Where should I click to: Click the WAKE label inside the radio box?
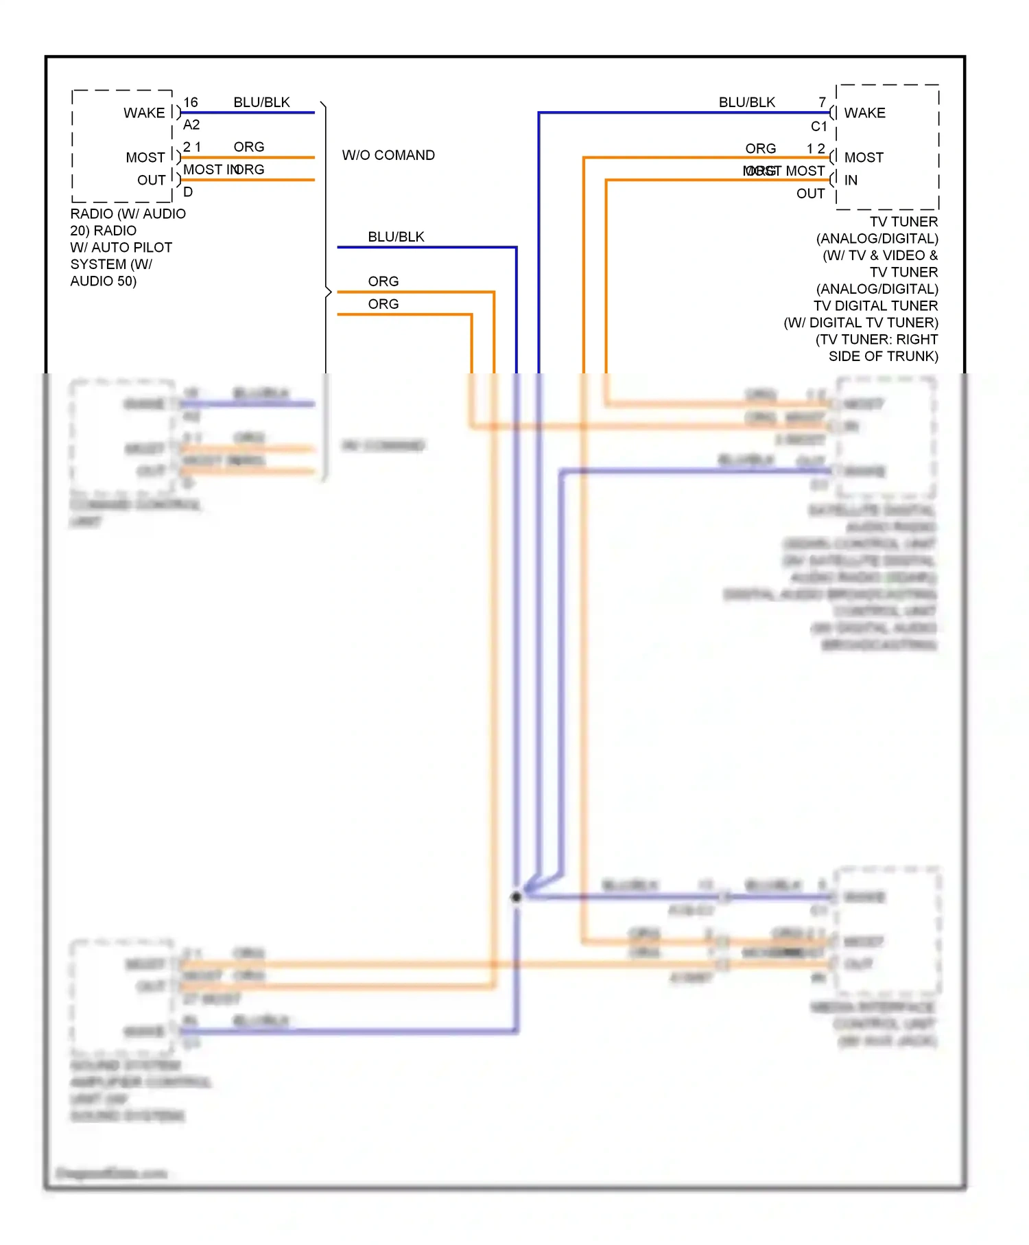click(x=144, y=113)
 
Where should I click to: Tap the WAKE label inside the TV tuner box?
click(x=864, y=113)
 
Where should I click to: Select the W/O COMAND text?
click(x=388, y=155)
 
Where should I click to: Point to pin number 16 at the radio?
click(x=191, y=102)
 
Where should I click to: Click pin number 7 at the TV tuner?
click(x=822, y=102)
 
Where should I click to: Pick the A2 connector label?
click(x=191, y=125)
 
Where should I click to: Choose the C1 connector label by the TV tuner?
click(x=819, y=126)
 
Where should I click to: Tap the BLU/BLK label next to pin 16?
click(x=261, y=102)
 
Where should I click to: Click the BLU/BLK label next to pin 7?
click(x=746, y=102)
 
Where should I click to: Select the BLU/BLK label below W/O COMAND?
click(x=396, y=237)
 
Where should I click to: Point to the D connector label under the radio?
click(x=188, y=192)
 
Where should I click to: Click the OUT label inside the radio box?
click(x=152, y=180)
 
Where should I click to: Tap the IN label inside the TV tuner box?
click(x=851, y=180)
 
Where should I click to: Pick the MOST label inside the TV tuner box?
click(x=864, y=157)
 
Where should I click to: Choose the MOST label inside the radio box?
click(x=145, y=157)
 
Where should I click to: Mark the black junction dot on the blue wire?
click(x=517, y=897)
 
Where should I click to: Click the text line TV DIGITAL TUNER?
click(x=875, y=305)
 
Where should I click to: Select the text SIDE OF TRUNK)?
click(x=883, y=356)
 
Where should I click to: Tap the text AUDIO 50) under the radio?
click(x=104, y=281)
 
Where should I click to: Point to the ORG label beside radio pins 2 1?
click(x=248, y=147)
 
